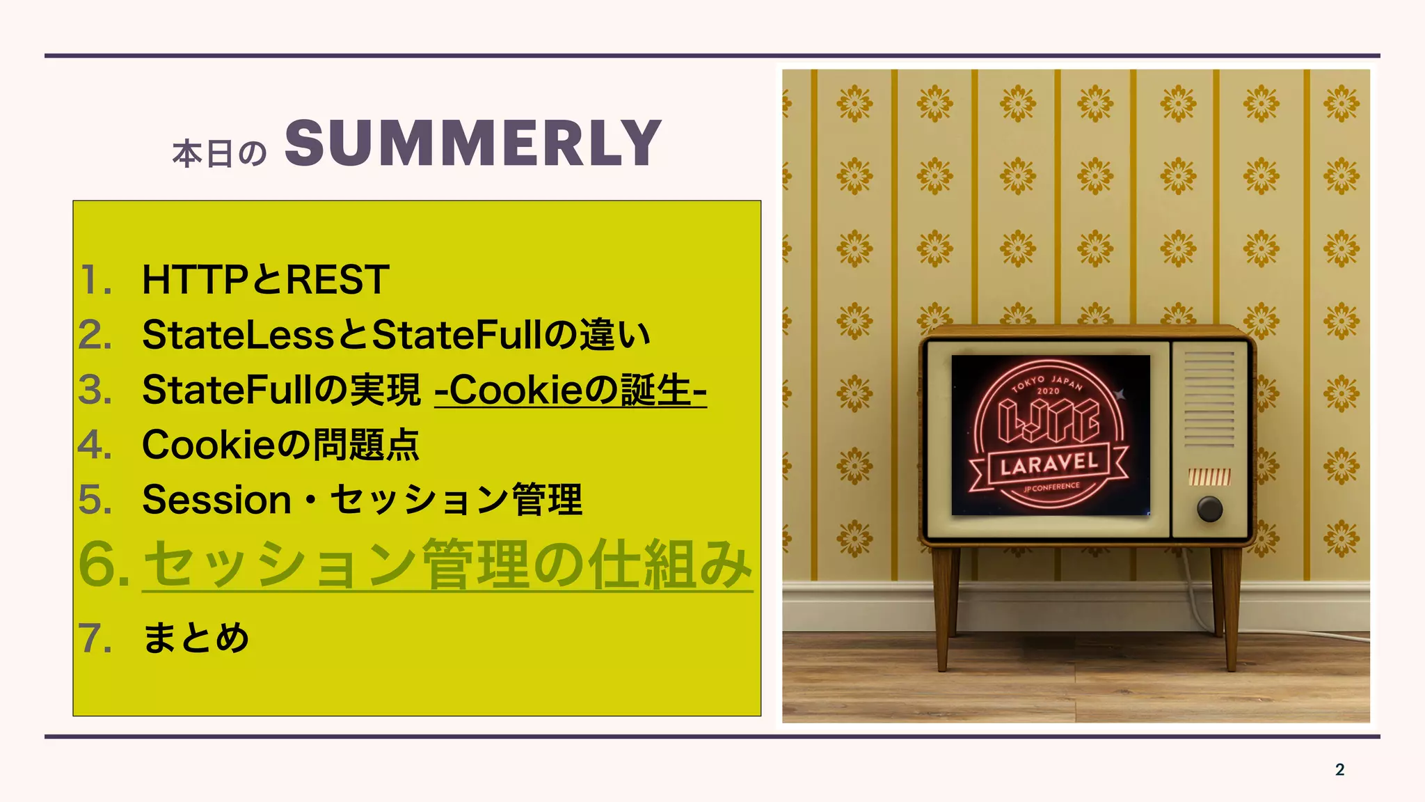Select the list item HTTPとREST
[265, 280]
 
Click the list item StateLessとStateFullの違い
[396, 335]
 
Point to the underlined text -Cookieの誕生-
[571, 390]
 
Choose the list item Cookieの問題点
[280, 445]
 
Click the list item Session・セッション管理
[362, 500]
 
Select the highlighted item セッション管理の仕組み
[447, 564]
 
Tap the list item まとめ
[196, 638]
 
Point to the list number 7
[94, 638]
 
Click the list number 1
[94, 281]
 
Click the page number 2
[1339, 769]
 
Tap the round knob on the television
[1209, 509]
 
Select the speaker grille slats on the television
[1209, 399]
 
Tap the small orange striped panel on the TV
[1209, 477]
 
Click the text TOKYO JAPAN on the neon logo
[1048, 382]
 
